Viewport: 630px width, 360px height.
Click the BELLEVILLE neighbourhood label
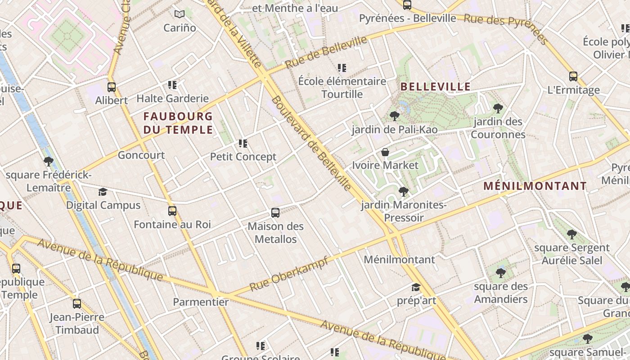(x=435, y=86)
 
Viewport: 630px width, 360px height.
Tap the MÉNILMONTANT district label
(x=535, y=186)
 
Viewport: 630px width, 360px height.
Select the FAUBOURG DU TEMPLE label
(x=178, y=123)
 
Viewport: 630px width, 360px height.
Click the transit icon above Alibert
(x=112, y=87)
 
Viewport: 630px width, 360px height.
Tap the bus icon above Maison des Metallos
(x=275, y=213)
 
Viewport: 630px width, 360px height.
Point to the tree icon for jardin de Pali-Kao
(x=395, y=116)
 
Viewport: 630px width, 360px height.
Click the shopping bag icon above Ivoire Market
(x=385, y=152)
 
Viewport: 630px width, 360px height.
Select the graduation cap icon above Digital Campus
(x=103, y=192)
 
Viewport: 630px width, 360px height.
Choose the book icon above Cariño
(x=180, y=14)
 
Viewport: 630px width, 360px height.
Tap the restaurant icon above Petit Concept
(x=243, y=144)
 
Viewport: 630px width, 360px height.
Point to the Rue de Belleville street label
(x=326, y=52)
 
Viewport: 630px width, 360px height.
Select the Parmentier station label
(x=201, y=302)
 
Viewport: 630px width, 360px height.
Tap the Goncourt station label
(x=141, y=155)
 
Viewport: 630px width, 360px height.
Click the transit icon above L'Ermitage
(x=573, y=76)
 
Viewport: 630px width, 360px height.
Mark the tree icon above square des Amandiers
(x=500, y=273)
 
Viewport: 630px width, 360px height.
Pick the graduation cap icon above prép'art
(x=416, y=287)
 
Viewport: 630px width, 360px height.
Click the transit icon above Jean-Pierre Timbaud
(x=77, y=304)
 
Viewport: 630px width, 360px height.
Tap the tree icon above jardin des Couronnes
(x=498, y=108)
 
